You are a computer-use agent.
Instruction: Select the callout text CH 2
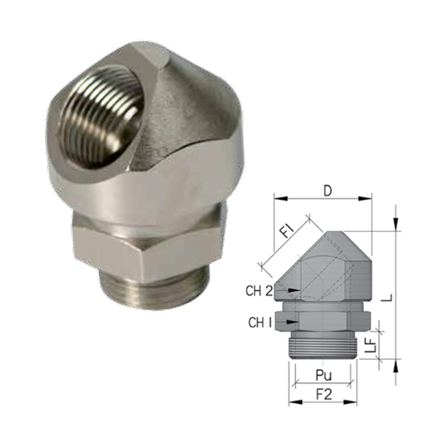click(x=259, y=292)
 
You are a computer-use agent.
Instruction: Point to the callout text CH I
click(x=259, y=323)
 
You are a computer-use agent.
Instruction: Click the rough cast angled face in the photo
click(x=190, y=127)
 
